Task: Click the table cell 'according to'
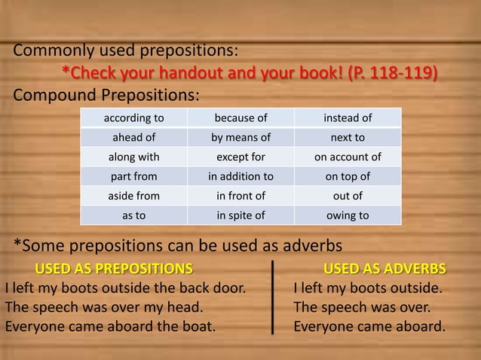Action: pyautogui.click(x=133, y=118)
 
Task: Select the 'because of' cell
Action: pyautogui.click(x=240, y=118)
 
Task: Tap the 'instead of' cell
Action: pyautogui.click(x=348, y=118)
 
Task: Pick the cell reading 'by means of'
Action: pyautogui.click(x=240, y=138)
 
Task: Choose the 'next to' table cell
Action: pyautogui.click(x=348, y=138)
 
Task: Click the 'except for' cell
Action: pyautogui.click(x=240, y=157)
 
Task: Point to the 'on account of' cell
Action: pyautogui.click(x=348, y=157)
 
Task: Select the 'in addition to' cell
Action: pyautogui.click(x=240, y=177)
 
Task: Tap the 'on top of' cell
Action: pyautogui.click(x=348, y=177)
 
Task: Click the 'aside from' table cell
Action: pyautogui.click(x=133, y=196)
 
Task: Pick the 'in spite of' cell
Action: pyautogui.click(x=240, y=215)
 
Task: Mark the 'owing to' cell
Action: pyautogui.click(x=348, y=215)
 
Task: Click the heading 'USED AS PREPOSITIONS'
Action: pyautogui.click(x=114, y=269)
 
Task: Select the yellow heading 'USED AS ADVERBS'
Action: pyautogui.click(x=384, y=269)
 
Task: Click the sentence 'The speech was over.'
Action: pyautogui.click(x=362, y=307)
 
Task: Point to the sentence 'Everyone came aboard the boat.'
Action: pyautogui.click(x=110, y=327)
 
